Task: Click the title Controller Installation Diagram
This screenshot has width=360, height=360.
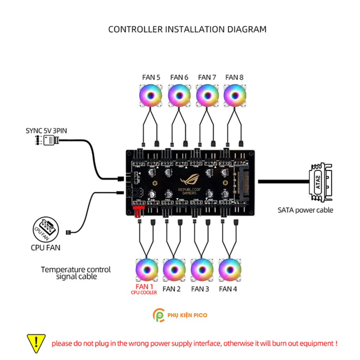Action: [187, 29]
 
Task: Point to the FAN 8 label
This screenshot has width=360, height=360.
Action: [234, 77]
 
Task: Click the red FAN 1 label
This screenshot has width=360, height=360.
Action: [144, 287]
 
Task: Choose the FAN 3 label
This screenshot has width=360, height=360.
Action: [200, 289]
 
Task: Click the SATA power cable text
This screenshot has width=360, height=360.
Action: [305, 210]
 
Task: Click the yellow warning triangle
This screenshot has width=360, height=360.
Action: [36, 343]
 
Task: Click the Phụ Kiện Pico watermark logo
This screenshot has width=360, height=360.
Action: [180, 315]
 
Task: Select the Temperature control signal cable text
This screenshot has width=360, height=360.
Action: [76, 273]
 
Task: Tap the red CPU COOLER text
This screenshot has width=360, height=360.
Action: [144, 293]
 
